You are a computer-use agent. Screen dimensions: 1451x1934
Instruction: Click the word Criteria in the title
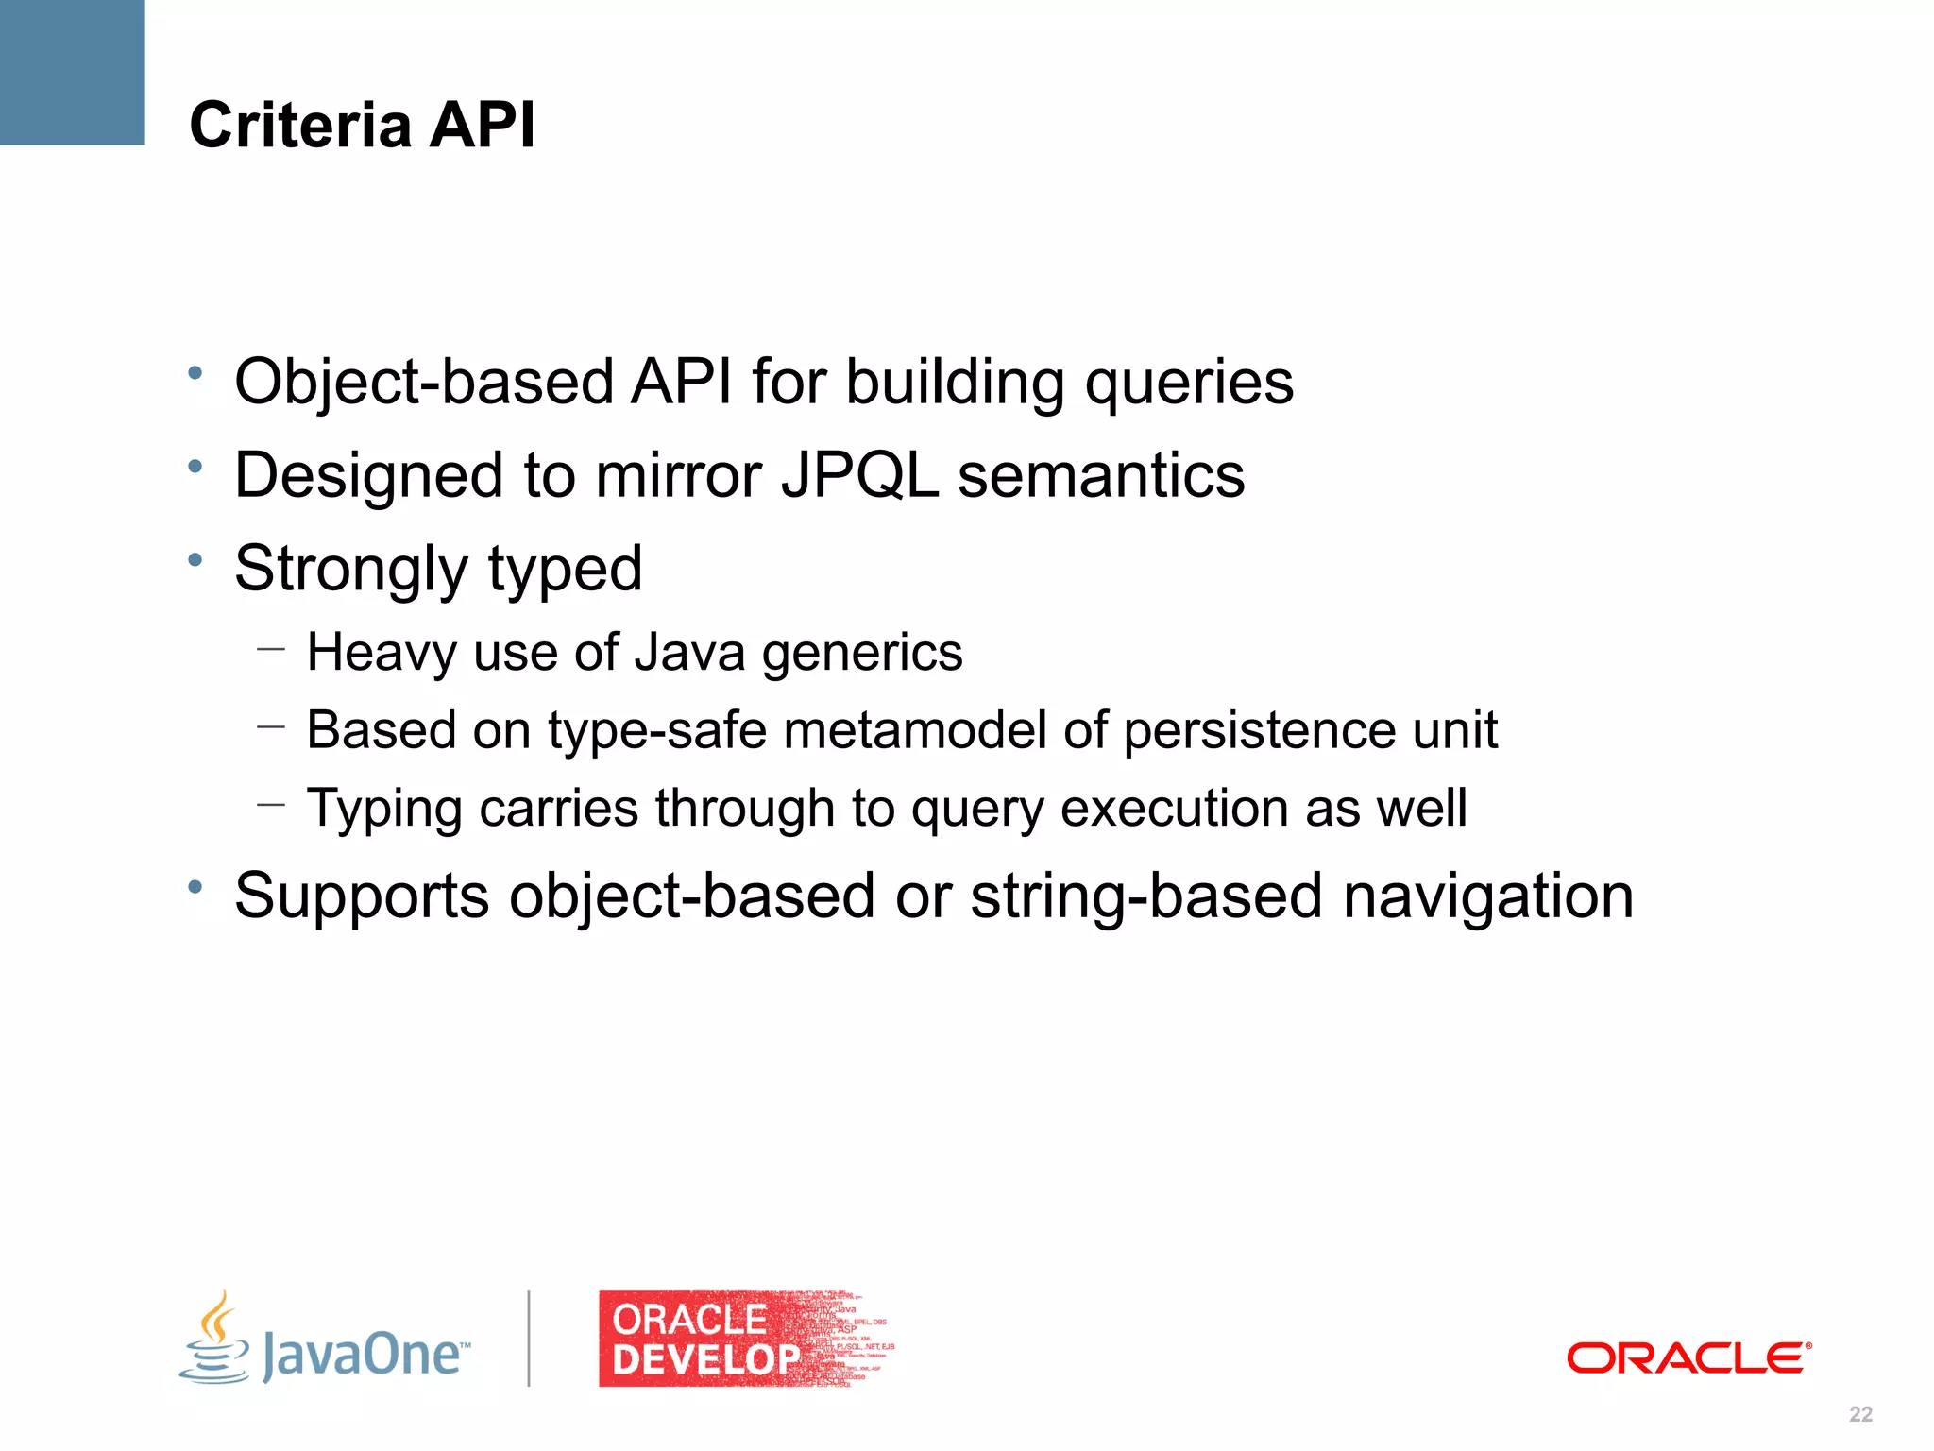[x=300, y=125]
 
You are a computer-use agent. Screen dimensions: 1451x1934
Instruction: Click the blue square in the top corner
[x=72, y=72]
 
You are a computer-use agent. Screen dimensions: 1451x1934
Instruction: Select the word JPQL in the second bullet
[x=859, y=475]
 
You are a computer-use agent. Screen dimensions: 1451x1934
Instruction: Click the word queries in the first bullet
[x=1189, y=384]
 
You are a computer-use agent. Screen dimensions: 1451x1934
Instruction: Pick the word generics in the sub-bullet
[x=862, y=654]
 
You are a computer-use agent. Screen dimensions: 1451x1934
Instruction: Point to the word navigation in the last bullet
[x=1487, y=896]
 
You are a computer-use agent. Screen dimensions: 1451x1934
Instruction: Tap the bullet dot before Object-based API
[x=195, y=373]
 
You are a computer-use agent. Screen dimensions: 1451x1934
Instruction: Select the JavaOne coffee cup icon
[x=216, y=1339]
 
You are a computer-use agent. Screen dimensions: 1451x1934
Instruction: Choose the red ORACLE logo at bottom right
[x=1688, y=1358]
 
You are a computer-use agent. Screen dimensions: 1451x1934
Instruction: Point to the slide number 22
[x=1860, y=1414]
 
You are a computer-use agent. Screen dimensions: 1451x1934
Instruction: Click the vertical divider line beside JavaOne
[x=529, y=1339]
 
